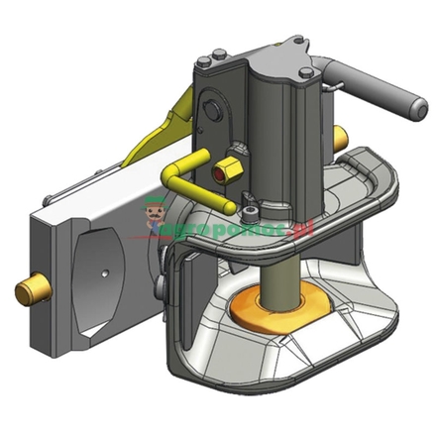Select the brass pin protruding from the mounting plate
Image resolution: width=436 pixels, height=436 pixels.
coord(32,290)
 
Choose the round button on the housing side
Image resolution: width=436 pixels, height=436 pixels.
coord(208,110)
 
